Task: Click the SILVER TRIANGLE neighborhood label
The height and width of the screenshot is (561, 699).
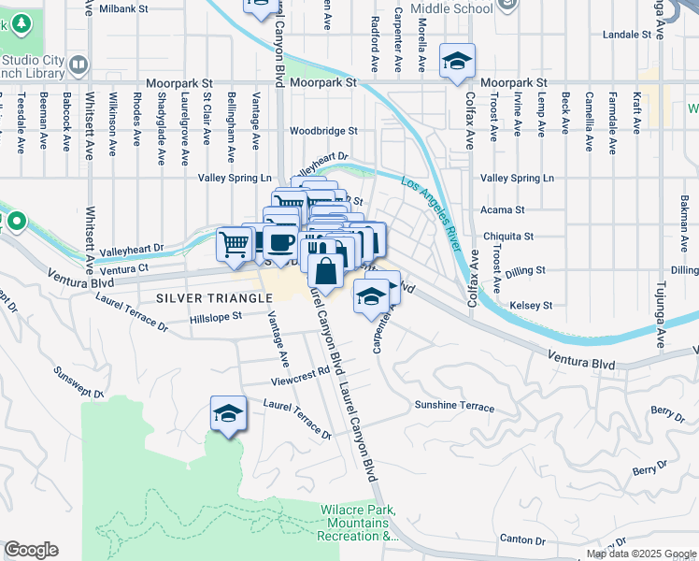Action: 214,297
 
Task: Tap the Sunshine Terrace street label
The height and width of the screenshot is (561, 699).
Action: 454,406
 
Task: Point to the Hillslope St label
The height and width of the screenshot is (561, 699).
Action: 216,317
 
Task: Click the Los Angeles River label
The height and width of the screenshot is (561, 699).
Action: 432,213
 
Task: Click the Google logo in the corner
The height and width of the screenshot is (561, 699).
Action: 31,550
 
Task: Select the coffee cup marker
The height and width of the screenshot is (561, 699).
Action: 279,243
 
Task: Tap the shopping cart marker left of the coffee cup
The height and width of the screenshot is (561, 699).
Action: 234,244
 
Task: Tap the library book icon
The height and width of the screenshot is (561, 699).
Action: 78,65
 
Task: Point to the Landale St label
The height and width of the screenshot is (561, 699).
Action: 626,34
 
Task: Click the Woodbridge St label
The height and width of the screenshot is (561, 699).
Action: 324,131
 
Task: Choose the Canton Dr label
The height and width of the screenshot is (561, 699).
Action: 522,539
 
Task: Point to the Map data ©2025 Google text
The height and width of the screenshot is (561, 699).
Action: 641,554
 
